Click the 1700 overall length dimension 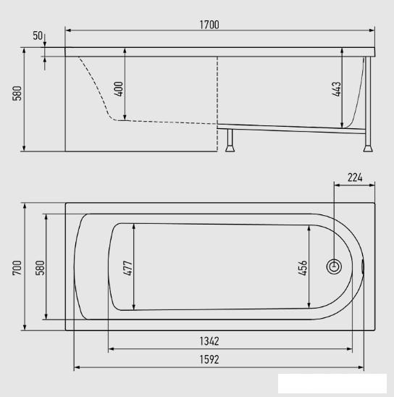[209, 25]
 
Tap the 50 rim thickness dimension [38, 35]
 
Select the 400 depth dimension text [119, 89]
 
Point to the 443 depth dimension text [337, 89]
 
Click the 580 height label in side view [17, 93]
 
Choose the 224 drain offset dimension [355, 177]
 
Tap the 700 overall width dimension [17, 267]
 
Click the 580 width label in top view [40, 267]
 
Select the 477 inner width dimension [127, 268]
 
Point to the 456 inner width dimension [303, 268]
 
